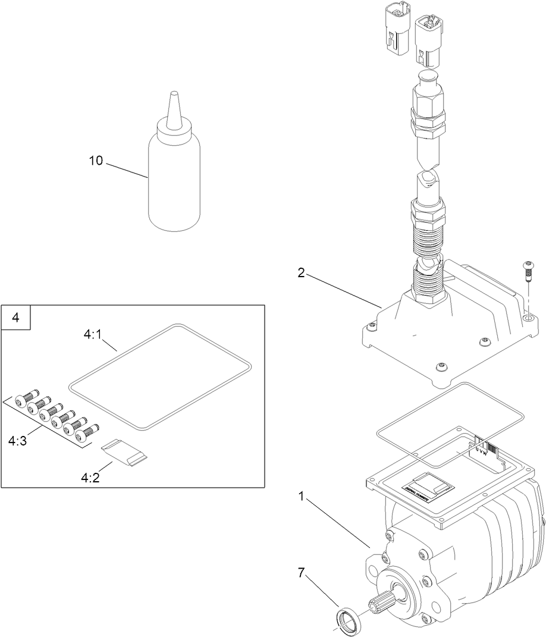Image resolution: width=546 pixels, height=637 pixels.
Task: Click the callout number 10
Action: (x=96, y=160)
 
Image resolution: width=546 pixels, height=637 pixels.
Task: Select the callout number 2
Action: (x=302, y=273)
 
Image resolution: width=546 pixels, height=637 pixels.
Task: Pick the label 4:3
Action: (x=18, y=441)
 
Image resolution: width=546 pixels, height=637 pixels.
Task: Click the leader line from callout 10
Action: (x=127, y=169)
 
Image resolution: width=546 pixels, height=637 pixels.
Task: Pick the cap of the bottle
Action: (x=174, y=127)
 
